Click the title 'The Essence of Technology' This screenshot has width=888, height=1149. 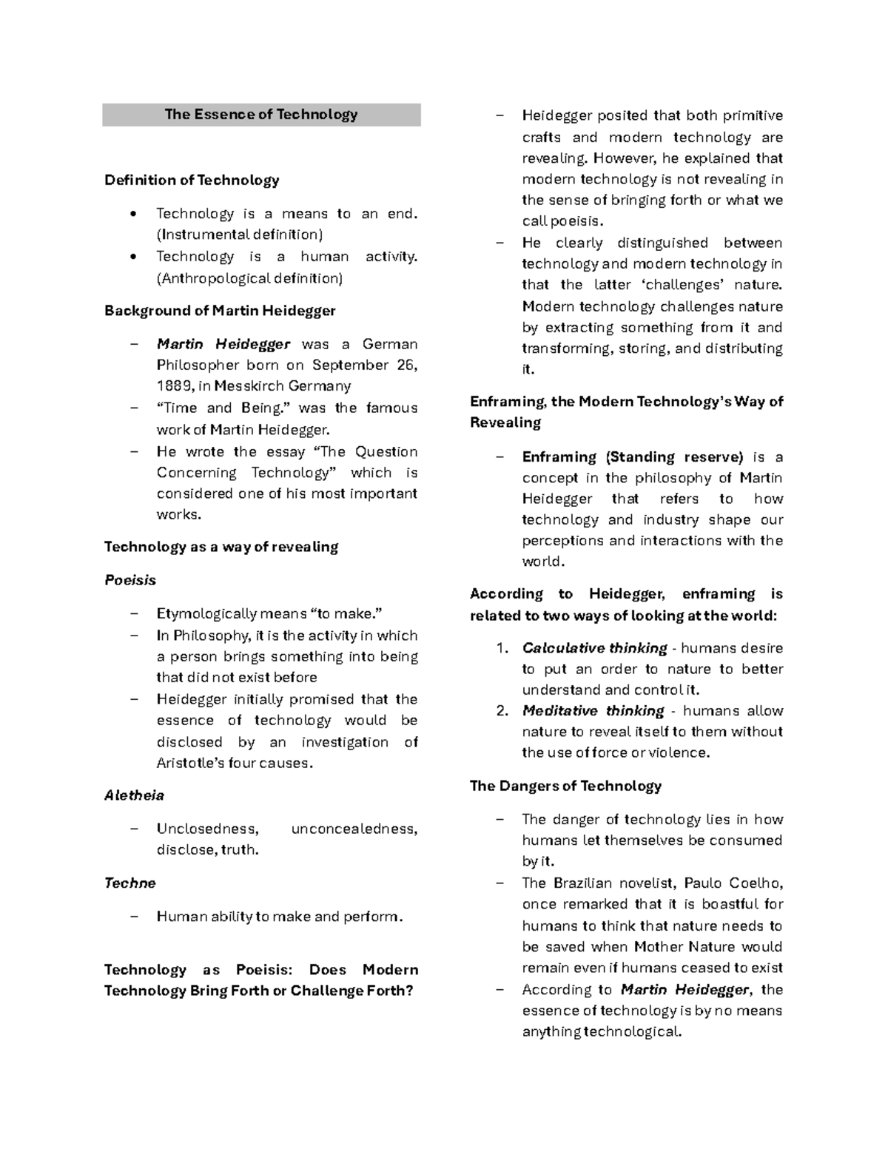tap(260, 115)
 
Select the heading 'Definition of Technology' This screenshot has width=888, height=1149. tap(192, 181)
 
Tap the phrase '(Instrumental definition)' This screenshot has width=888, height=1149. tap(240, 235)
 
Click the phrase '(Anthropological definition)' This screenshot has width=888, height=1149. tap(249, 279)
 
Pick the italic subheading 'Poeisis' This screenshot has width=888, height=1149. tap(130, 581)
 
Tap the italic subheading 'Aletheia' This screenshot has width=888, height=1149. tap(134, 796)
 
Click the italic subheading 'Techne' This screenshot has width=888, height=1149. tap(130, 883)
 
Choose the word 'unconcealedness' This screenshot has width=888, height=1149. tap(354, 829)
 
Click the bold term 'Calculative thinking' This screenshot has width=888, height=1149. tap(594, 649)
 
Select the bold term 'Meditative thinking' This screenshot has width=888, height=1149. tap(593, 711)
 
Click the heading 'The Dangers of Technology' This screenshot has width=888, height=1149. tap(565, 786)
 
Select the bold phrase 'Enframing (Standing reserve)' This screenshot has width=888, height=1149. tap(632, 457)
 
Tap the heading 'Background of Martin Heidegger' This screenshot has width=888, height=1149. tap(220, 311)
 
